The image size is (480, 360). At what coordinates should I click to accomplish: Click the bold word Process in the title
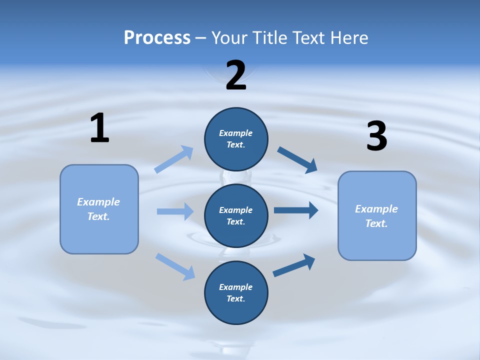157,37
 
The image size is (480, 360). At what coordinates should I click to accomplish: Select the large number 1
99,128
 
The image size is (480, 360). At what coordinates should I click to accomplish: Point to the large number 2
236,76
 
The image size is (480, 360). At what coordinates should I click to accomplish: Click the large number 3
376,136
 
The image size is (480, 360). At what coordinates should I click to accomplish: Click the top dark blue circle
236,139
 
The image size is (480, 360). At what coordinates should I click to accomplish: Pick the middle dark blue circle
236,215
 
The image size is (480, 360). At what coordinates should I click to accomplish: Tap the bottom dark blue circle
236,292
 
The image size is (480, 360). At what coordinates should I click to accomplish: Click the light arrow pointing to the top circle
174,159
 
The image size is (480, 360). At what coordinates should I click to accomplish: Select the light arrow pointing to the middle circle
175,211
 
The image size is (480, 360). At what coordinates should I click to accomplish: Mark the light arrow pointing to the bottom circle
175,266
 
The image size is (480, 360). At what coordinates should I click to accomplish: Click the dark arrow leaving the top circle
297,159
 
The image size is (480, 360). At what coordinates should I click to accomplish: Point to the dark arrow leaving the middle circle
296,210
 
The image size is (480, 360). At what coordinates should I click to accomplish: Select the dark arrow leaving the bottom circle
294,265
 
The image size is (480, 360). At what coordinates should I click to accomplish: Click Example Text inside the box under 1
98,209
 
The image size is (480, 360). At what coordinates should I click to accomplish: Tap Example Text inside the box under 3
376,216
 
